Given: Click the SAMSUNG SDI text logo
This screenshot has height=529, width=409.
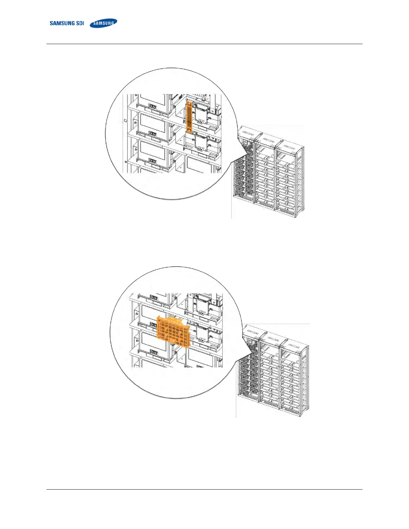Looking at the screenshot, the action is tap(66, 23).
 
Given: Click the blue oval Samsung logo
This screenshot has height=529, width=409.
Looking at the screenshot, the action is tap(104, 23).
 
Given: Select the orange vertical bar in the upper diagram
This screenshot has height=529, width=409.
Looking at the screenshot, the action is tap(189, 117).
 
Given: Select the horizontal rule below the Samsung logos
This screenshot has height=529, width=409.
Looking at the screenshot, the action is tap(204, 44).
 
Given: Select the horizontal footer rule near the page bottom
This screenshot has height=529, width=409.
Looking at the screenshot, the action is tap(204, 490).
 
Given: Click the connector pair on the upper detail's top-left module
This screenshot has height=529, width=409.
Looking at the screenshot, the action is tap(153, 107).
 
